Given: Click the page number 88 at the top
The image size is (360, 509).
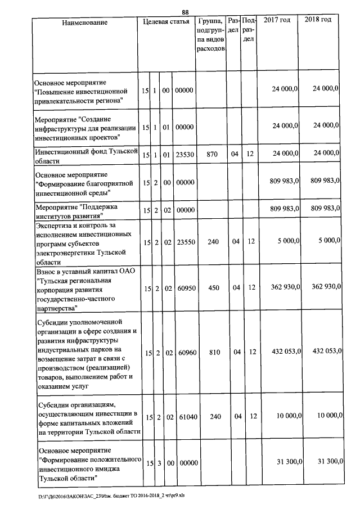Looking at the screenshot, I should [x=185, y=12].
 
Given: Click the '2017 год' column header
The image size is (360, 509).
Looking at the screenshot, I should [x=277, y=20].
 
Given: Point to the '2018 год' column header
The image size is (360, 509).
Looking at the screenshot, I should [x=318, y=20].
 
